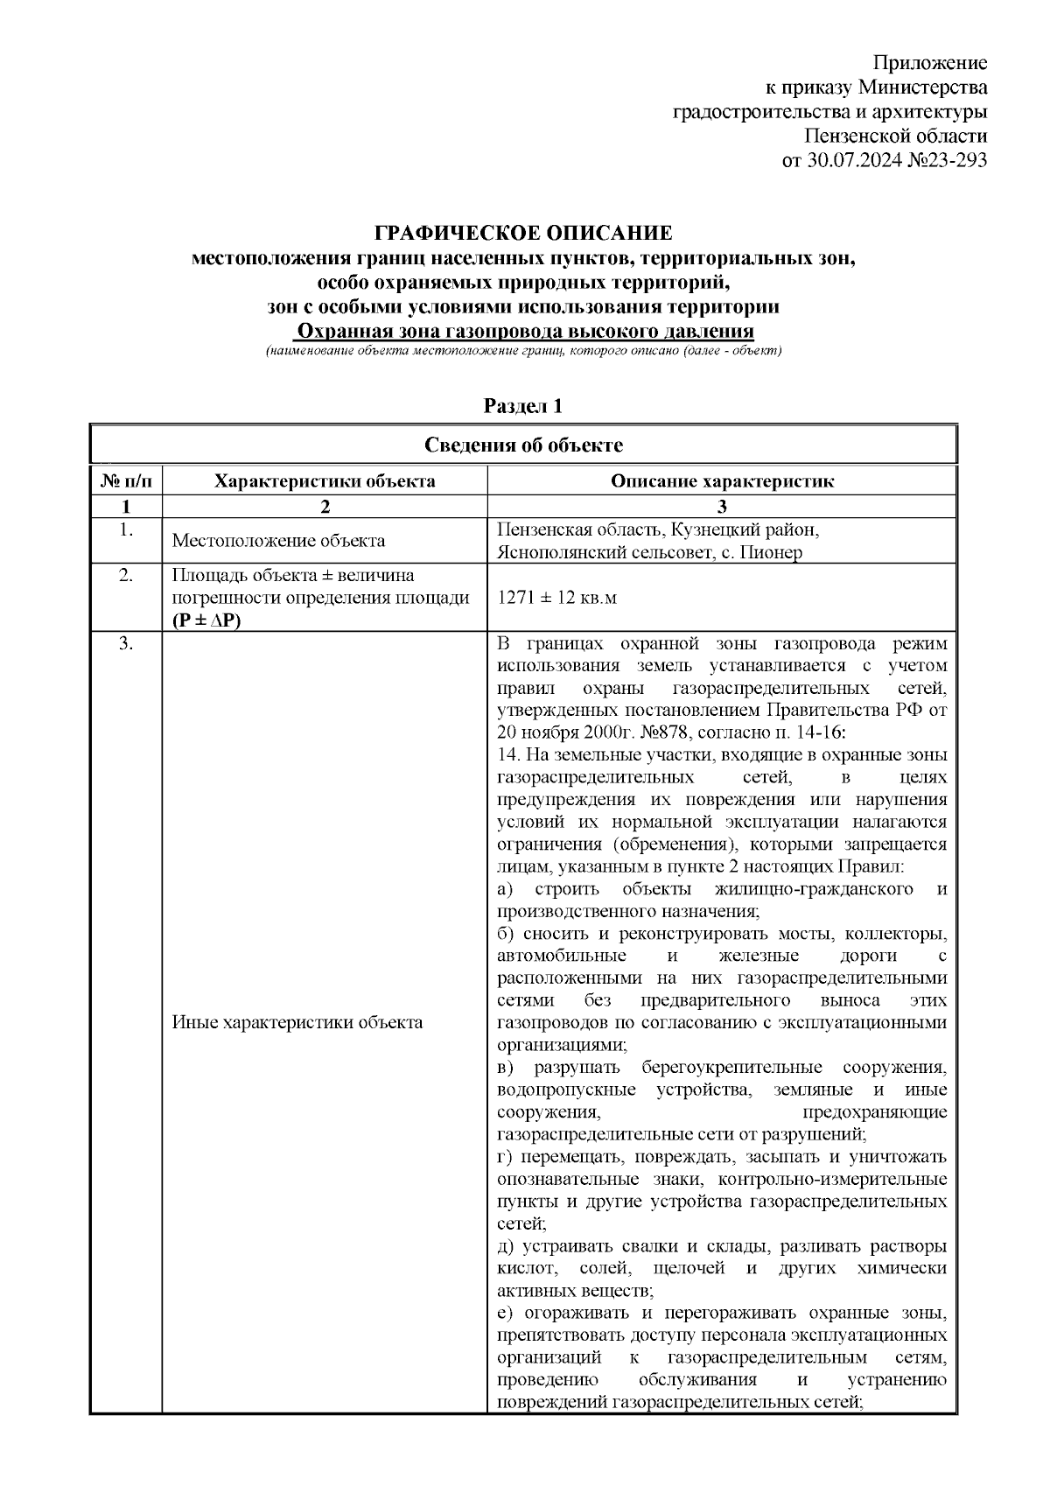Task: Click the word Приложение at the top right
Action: pos(930,63)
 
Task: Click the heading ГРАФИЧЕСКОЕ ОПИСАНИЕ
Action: pos(523,234)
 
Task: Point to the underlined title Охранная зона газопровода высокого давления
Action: pos(523,332)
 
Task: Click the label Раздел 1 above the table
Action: pos(523,406)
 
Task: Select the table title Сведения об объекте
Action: pos(523,445)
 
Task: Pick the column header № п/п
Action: pos(126,480)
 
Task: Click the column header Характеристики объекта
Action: pos(325,480)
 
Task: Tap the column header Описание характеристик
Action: pos(722,480)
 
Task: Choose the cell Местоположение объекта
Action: pos(278,541)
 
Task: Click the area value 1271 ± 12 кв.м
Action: pos(556,598)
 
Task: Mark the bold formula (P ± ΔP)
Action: pos(207,620)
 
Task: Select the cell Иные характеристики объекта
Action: pos(297,1022)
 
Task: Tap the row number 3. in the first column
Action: pos(126,644)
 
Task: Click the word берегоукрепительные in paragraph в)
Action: pos(731,1068)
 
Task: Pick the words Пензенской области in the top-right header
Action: pos(896,137)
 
